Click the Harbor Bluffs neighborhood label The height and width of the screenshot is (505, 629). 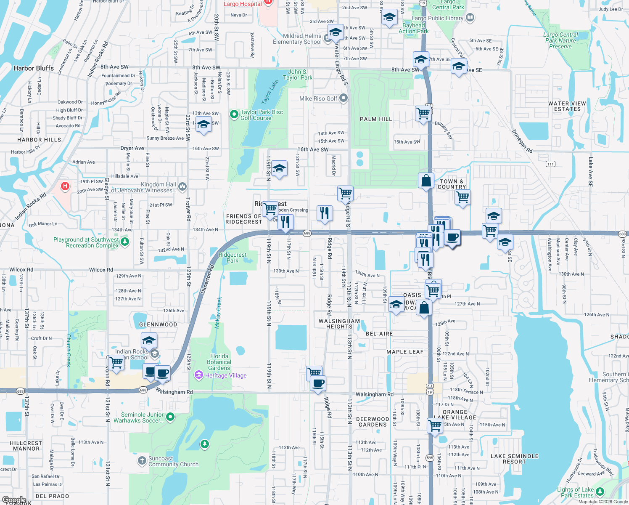click(x=34, y=68)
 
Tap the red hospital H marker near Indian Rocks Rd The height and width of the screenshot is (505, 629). click(x=65, y=186)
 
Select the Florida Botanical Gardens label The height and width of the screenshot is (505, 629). click(x=219, y=362)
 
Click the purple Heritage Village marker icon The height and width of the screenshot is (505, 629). click(x=199, y=375)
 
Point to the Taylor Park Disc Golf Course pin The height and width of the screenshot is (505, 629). click(x=234, y=114)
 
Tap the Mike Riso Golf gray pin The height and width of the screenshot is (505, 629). click(x=344, y=98)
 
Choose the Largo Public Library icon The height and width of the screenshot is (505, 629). click(x=470, y=18)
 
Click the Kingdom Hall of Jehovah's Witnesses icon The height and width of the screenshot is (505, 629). click(x=182, y=186)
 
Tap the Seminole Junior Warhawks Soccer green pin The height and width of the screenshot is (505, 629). click(x=170, y=417)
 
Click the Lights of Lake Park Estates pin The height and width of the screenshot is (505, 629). click(x=600, y=492)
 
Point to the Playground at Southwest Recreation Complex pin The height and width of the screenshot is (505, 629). click(x=124, y=242)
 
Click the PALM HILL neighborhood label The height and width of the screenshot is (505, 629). click(x=376, y=119)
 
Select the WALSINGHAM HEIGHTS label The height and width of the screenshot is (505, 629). click(x=339, y=324)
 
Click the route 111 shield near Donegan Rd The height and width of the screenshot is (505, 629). click(x=550, y=164)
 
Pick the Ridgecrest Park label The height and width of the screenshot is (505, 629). click(x=233, y=258)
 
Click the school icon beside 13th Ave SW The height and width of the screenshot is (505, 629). click(x=203, y=125)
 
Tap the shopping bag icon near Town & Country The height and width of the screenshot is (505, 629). click(x=426, y=180)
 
